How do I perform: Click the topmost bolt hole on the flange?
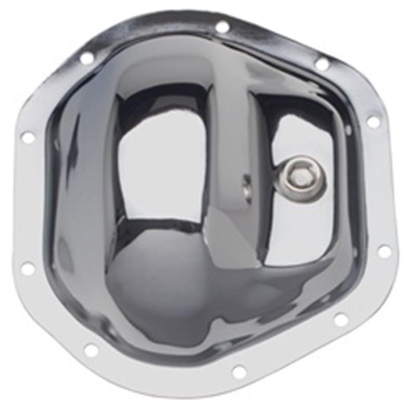coord(222,27)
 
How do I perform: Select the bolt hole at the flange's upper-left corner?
coord(87,58)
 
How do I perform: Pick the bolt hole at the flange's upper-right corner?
coord(322,64)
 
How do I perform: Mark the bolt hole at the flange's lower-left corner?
coord(91,350)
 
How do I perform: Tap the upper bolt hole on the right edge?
coord(373,122)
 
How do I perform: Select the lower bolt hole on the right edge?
coord(384,251)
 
